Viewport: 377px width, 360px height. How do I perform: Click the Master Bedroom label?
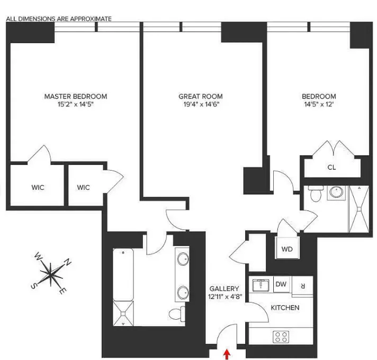point(75,96)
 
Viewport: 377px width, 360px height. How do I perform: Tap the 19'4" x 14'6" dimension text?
point(200,104)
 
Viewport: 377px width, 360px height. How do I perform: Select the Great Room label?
point(200,96)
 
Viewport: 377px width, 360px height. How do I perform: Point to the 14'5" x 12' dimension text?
point(319,104)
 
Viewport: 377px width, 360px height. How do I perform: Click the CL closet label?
point(331,168)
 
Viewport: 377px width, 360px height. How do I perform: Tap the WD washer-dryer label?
point(287,249)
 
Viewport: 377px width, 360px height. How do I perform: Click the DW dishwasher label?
point(281,285)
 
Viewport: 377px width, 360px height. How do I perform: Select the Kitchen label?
point(285,308)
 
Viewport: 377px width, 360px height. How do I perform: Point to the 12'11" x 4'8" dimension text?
point(225,297)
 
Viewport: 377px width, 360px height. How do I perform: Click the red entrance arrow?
point(228,354)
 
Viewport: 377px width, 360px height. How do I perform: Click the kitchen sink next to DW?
point(261,286)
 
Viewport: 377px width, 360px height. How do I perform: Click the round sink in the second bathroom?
point(336,192)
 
